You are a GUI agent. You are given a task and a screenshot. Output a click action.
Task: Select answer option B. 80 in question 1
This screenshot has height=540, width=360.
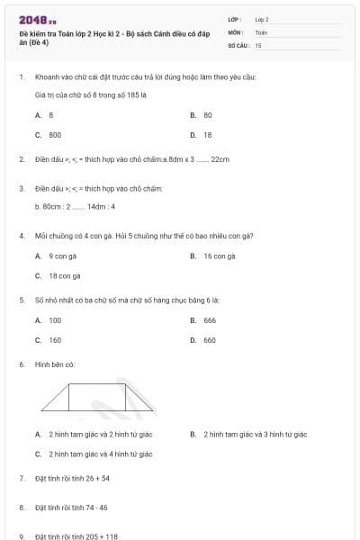(202, 115)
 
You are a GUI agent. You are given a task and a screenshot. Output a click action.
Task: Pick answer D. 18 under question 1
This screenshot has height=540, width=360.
(202, 134)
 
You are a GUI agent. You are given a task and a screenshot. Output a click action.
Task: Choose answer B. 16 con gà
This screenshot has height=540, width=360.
(214, 256)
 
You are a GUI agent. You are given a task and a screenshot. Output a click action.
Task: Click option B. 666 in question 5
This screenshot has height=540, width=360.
(204, 320)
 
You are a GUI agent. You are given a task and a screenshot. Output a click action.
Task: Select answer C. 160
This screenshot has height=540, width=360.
(50, 340)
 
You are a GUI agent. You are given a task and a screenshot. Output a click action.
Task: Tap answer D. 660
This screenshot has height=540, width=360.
(204, 340)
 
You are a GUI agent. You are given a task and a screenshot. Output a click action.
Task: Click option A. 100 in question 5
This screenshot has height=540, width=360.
(50, 320)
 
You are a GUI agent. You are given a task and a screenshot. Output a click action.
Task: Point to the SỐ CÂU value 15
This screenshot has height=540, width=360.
(258, 44)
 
